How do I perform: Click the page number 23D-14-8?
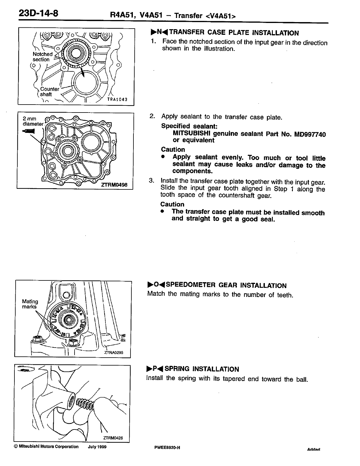point(38,14)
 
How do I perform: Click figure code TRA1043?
point(117,100)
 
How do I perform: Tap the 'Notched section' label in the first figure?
point(42,57)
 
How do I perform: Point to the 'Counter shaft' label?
point(49,92)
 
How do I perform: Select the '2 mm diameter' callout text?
point(33,121)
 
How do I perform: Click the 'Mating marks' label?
point(30,304)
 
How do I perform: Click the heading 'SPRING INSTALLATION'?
point(202,369)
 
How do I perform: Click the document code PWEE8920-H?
point(167,448)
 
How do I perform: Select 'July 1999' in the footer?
point(97,447)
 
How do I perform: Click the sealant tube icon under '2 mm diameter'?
point(29,131)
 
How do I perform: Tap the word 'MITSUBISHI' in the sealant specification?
point(191,133)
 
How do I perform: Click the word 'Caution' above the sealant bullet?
point(173,149)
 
